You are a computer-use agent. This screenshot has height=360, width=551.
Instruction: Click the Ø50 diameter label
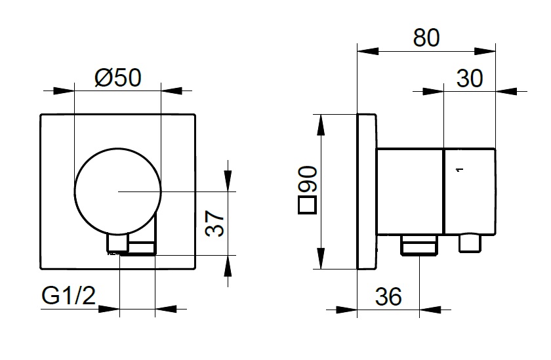pyautogui.click(x=117, y=77)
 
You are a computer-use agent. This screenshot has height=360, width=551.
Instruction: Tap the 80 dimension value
pyautogui.click(x=426, y=37)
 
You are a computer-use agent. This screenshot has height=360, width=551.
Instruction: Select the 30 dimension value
pyautogui.click(x=470, y=78)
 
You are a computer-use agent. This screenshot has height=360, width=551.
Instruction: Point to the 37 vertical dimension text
pyautogui.click(x=214, y=224)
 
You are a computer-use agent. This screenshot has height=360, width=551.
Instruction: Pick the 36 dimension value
pyautogui.click(x=388, y=297)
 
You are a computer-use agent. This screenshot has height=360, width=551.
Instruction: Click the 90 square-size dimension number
pyautogui.click(x=308, y=179)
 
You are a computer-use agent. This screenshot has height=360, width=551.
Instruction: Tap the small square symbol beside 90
pyautogui.click(x=308, y=205)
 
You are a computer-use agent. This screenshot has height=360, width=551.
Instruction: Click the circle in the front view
pyautogui.click(x=75, y=191)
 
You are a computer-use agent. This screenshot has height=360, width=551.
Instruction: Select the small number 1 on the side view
pyautogui.click(x=460, y=170)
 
